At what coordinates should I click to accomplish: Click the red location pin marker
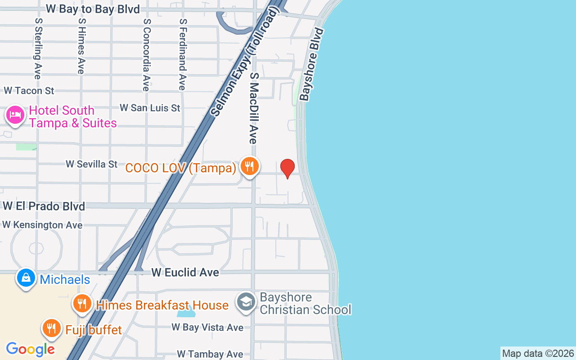point(288,168)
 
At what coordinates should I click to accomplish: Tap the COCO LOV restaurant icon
point(249,167)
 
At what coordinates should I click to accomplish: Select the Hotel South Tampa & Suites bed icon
point(15,115)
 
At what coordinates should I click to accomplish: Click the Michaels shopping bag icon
point(26,278)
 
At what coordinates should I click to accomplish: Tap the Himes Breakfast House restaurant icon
point(82,304)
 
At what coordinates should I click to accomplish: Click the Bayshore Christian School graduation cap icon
point(246,301)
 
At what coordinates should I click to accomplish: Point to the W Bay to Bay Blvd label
point(93,9)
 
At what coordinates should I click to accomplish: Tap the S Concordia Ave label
point(146,54)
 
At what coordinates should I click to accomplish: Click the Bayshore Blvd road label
point(312,64)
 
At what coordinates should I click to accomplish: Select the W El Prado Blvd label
point(44,206)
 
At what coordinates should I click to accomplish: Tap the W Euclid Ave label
point(185,272)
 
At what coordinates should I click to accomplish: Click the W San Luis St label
point(150,108)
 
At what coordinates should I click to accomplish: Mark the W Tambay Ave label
point(210,355)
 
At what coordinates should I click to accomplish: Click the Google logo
point(30,349)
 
